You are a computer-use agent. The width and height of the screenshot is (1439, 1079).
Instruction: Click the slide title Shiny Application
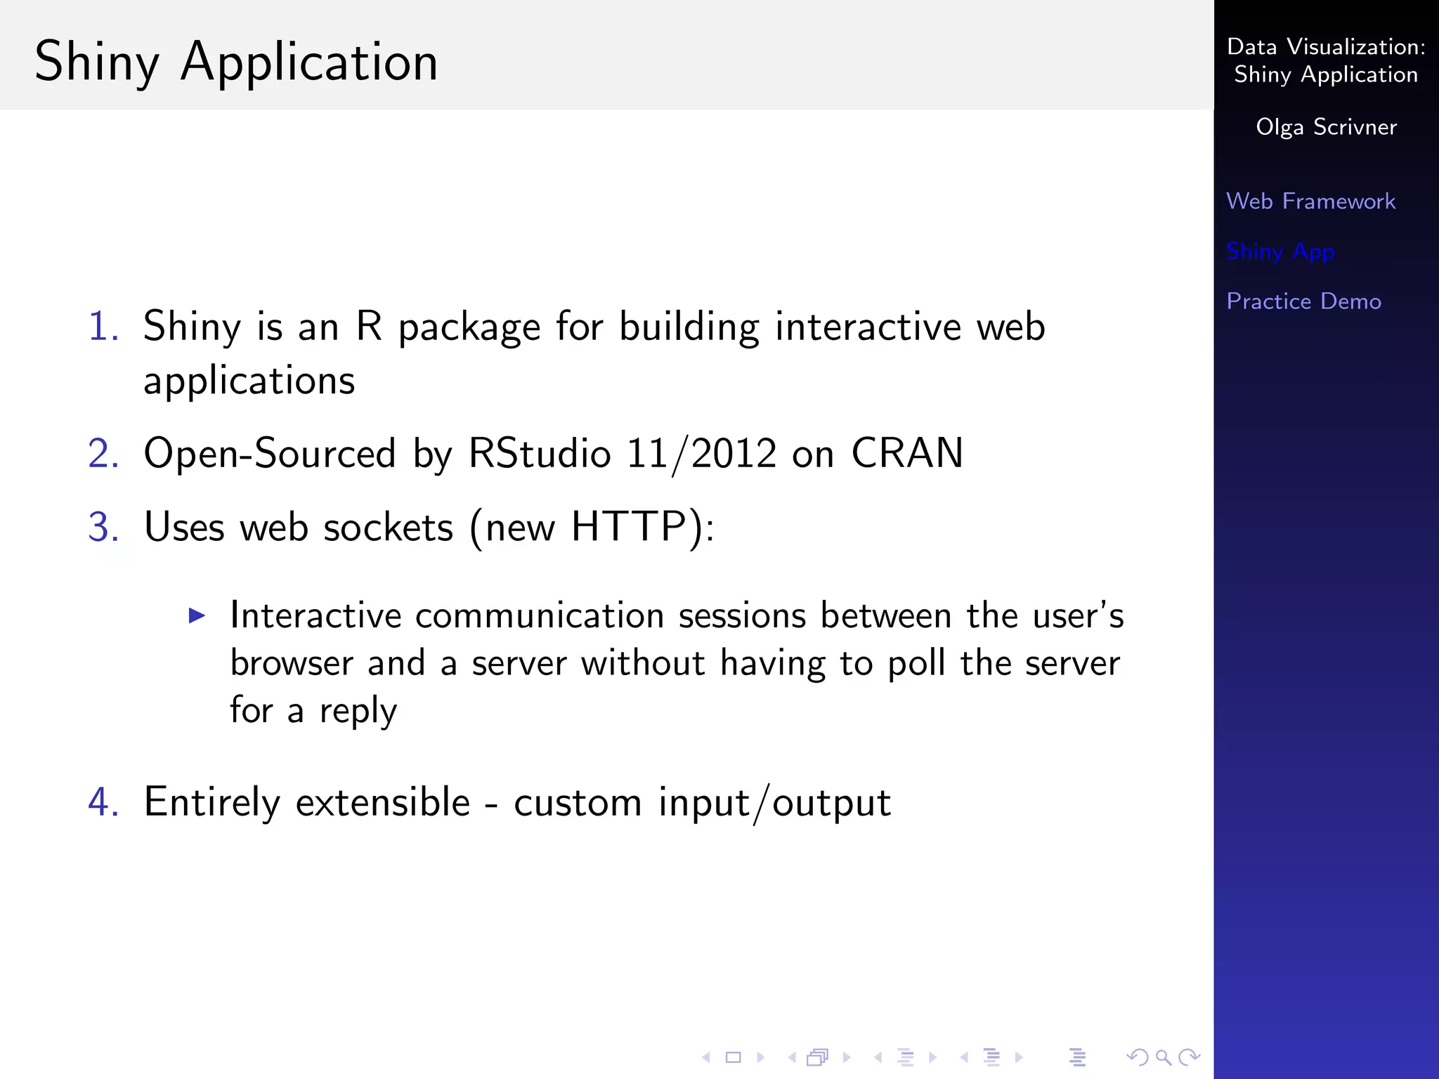236,62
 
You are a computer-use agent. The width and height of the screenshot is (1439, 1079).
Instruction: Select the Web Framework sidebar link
1310,202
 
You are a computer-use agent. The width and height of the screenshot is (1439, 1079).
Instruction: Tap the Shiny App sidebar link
1280,251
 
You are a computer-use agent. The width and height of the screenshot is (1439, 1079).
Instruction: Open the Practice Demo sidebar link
1303,301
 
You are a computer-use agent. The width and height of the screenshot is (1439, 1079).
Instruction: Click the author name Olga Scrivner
1326,127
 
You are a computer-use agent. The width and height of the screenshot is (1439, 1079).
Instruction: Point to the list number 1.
103,327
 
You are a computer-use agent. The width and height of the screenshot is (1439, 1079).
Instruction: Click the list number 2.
103,453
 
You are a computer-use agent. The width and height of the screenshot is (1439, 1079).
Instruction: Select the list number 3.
103,527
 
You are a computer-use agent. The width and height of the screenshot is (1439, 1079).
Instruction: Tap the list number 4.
103,802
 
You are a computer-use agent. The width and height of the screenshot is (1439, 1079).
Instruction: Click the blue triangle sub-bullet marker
197,616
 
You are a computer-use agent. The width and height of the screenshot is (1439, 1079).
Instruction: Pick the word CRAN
906,453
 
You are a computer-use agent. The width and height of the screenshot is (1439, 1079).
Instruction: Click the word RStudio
539,453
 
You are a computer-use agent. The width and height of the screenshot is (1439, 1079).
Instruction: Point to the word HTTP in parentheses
628,527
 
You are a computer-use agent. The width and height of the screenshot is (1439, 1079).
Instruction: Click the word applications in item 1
249,381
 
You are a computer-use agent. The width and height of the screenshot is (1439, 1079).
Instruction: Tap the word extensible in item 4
383,802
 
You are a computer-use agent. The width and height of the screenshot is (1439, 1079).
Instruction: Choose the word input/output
774,802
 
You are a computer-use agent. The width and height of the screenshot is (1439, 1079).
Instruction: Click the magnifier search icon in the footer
1163,1057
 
